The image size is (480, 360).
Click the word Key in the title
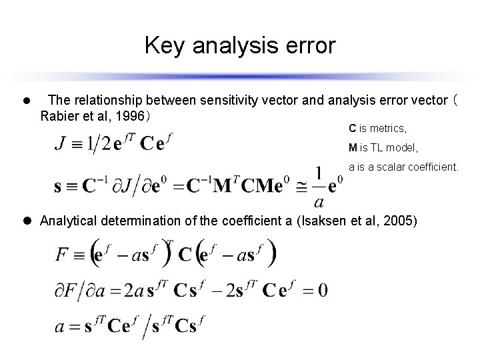161,46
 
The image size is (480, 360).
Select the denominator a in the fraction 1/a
320,201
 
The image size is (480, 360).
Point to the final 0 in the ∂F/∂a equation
323,291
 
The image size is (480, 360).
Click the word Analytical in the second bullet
67,221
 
